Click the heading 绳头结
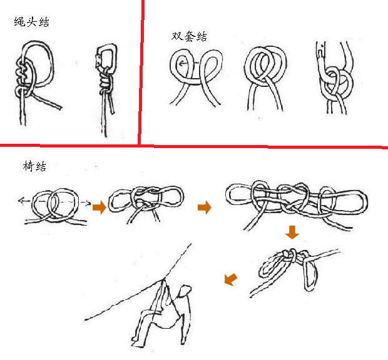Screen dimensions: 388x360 click(32, 22)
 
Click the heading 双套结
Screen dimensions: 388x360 click(189, 36)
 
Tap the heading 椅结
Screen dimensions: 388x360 click(34, 166)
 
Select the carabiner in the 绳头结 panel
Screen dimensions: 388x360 click(106, 56)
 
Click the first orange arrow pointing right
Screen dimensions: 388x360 click(100, 207)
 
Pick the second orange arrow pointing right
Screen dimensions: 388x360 click(205, 207)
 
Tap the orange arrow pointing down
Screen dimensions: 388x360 click(292, 232)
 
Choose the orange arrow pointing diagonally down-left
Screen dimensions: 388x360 click(231, 279)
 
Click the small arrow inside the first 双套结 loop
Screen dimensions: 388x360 click(183, 64)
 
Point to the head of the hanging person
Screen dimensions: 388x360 click(185, 291)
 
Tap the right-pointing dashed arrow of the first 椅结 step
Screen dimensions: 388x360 click(85, 203)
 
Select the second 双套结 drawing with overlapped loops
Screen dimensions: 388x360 click(266, 78)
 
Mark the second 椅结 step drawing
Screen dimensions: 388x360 click(146, 204)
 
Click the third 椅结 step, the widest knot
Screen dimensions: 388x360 click(297, 205)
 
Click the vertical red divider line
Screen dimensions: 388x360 click(141, 72)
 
